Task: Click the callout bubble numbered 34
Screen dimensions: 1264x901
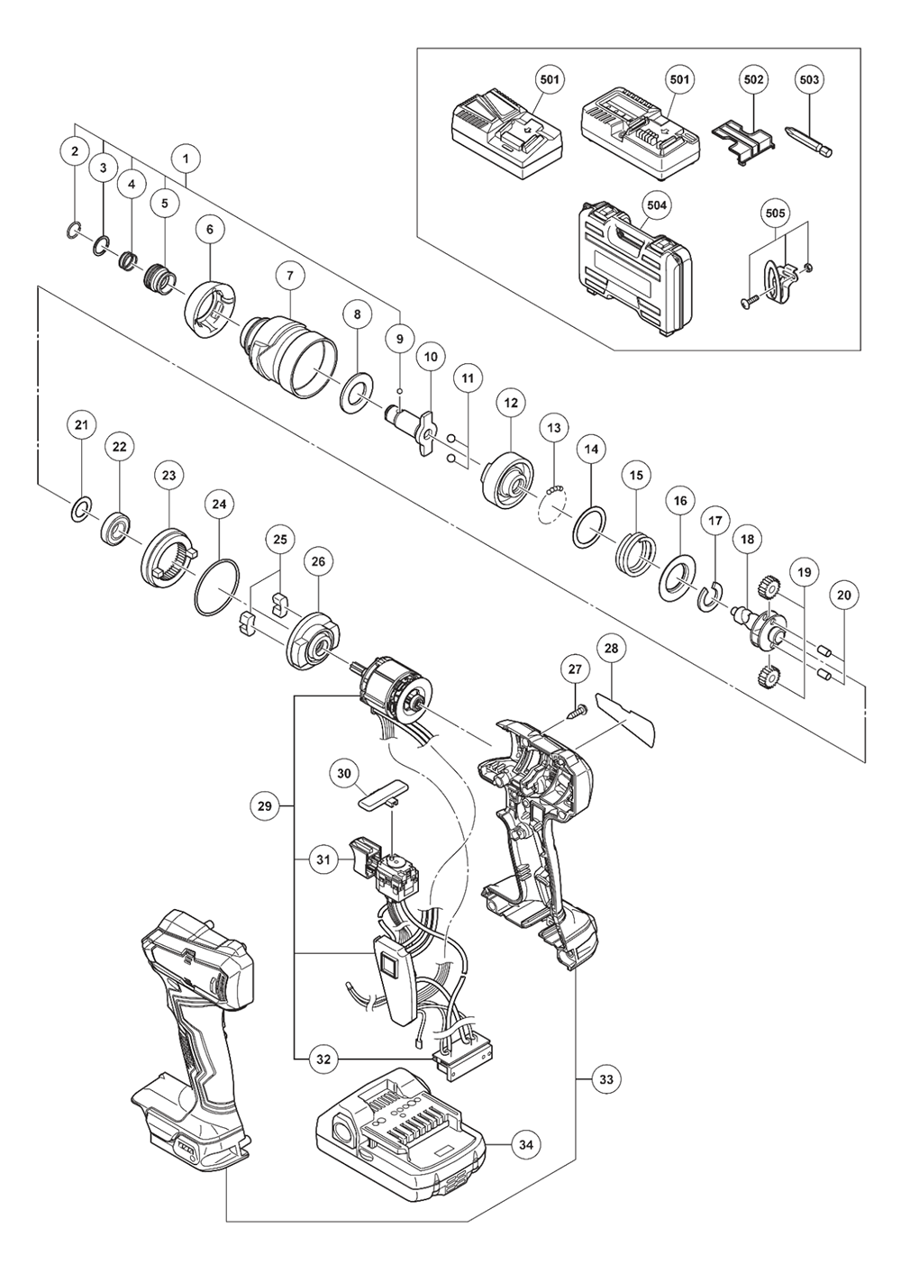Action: click(x=526, y=1145)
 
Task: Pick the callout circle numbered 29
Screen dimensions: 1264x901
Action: click(x=264, y=806)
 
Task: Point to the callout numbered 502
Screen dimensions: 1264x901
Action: click(x=754, y=80)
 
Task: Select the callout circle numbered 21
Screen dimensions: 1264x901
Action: click(x=82, y=424)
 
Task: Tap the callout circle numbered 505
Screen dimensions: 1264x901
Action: click(x=775, y=214)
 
